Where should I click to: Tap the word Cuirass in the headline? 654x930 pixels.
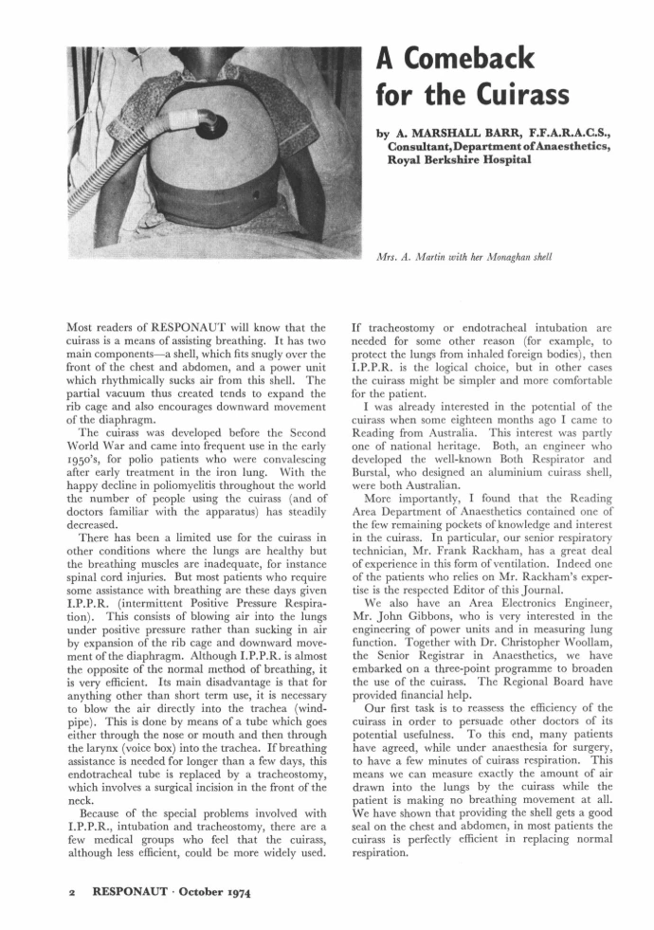[x=516, y=95]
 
